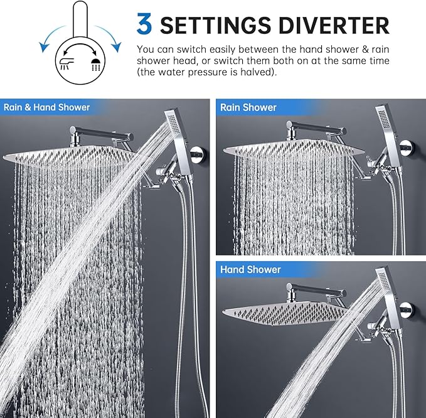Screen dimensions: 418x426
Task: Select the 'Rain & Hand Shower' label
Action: click(47, 107)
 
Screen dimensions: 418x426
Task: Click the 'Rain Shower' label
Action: click(248, 107)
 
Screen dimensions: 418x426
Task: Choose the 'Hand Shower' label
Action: click(250, 269)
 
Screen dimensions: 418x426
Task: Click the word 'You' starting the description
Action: click(145, 48)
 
